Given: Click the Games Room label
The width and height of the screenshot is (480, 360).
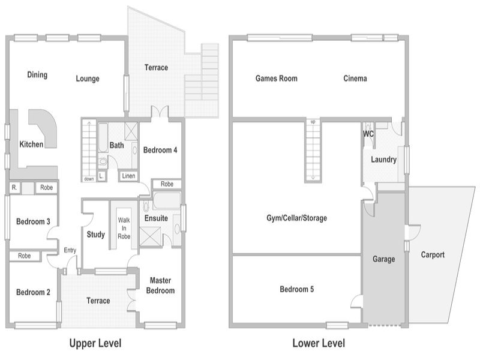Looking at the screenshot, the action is [x=277, y=79].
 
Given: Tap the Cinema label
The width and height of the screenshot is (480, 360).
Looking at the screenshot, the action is [x=355, y=79].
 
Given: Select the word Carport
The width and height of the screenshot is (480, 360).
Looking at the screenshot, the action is [x=433, y=254].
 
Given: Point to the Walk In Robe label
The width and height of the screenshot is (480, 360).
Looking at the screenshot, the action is [x=124, y=228].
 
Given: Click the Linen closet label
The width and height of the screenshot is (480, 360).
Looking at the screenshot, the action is [x=128, y=176].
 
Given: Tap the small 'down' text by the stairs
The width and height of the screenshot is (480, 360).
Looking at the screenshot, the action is [x=89, y=179].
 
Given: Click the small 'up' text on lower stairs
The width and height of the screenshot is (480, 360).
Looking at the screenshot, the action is [x=313, y=122].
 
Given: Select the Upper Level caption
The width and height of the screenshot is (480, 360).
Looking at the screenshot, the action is [x=95, y=343].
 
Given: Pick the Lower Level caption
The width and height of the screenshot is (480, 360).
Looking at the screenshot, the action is [x=319, y=343].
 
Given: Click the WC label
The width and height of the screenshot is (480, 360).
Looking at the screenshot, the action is [x=368, y=134].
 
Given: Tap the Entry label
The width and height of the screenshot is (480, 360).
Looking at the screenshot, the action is [x=70, y=250].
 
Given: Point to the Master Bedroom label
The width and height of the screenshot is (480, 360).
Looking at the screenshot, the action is [x=160, y=286].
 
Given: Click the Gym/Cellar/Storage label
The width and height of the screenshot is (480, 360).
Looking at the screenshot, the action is [x=296, y=218].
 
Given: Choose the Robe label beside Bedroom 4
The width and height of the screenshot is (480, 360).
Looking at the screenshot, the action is [x=167, y=184].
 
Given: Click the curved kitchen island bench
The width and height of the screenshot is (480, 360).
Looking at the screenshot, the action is [x=45, y=128].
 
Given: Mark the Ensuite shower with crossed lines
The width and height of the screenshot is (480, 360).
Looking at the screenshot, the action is [x=150, y=236].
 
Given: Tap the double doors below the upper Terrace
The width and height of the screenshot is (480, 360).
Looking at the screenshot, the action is [x=160, y=112].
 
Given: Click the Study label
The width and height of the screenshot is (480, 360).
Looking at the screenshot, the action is [x=96, y=235].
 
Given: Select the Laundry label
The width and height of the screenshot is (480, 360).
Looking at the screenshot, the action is [x=383, y=160].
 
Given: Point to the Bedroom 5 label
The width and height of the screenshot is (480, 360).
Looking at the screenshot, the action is [x=296, y=289].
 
